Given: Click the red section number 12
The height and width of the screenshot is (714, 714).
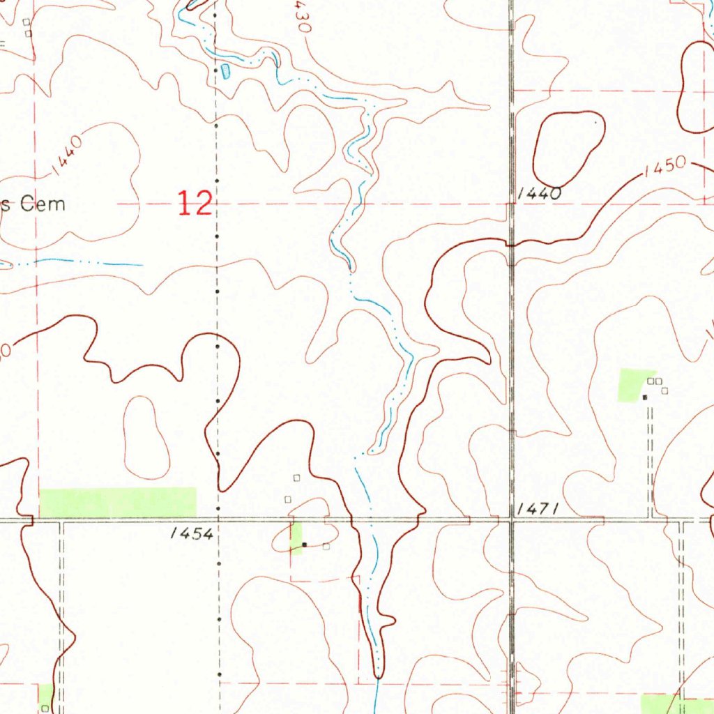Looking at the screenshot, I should click(x=194, y=204).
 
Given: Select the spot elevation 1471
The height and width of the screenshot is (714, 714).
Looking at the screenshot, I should click(x=537, y=510).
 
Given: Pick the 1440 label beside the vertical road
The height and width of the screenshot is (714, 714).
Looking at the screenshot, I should click(x=540, y=195).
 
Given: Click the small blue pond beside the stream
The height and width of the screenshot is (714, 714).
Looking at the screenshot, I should click(x=226, y=70).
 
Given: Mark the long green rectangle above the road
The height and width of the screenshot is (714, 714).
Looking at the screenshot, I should click(x=118, y=503).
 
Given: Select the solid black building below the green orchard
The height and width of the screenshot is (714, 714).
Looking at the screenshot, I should click(x=645, y=397).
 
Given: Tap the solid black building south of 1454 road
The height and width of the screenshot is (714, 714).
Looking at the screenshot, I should click(x=304, y=545).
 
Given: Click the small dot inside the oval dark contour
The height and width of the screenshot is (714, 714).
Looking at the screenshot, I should click(x=595, y=122).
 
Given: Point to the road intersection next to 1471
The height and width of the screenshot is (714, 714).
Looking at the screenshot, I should click(x=511, y=520).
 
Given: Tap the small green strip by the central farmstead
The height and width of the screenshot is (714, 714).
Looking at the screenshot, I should click(x=296, y=537).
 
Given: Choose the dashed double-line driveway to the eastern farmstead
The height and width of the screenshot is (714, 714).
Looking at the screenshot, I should click(x=651, y=460).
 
